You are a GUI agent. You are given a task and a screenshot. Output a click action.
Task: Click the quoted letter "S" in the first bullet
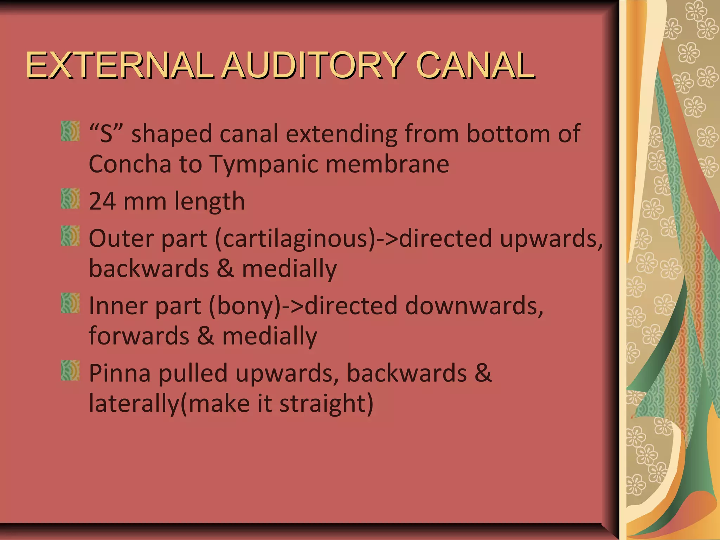pos(107,134)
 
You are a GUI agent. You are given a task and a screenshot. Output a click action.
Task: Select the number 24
pos(102,201)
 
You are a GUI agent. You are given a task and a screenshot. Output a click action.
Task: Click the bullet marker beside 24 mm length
pos(70,199)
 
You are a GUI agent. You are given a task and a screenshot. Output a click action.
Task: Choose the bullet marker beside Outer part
pos(70,236)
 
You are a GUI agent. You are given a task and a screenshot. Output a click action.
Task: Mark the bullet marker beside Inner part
pos(70,303)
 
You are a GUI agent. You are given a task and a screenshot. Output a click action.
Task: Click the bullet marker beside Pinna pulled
pos(70,370)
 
